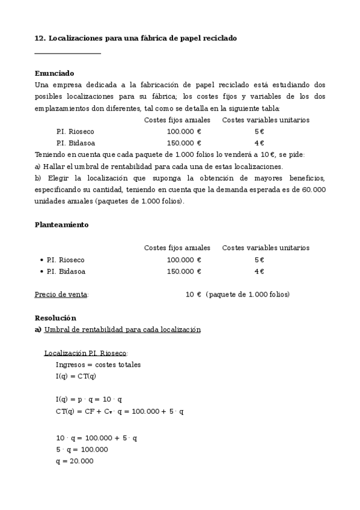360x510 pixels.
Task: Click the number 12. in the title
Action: [40, 38]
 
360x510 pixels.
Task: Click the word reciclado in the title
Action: [220, 38]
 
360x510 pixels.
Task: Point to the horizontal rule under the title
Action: [68, 54]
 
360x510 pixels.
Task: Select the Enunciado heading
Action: [55, 73]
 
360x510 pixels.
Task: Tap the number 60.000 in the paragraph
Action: [313, 189]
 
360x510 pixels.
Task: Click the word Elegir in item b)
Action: [55, 178]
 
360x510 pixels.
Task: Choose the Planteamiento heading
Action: [61, 224]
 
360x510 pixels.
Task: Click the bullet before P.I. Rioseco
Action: [41, 260]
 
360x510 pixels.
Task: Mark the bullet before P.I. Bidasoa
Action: [41, 271]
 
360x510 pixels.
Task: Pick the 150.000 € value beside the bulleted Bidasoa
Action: [184, 271]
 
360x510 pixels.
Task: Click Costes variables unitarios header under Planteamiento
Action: [266, 248]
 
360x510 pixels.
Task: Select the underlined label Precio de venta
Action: [61, 295]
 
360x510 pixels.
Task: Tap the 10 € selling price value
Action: [194, 295]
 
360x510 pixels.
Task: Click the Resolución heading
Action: [55, 318]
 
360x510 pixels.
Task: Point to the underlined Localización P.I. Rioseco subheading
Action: [86, 353]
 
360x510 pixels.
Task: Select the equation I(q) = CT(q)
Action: [76, 376]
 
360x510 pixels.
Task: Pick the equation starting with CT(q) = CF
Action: [120, 411]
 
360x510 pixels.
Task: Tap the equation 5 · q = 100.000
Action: [82, 449]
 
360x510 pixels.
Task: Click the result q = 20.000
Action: [75, 461]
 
